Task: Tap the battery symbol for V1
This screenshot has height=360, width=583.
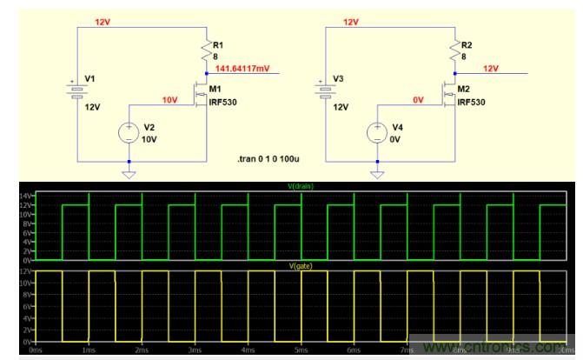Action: (76, 90)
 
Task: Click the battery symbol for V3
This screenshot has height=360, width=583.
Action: (325, 90)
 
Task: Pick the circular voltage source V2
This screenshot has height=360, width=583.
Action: (129, 132)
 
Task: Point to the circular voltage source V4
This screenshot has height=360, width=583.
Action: (376, 132)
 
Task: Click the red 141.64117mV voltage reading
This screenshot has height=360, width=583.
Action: (244, 66)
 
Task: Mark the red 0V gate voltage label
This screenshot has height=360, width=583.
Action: (418, 99)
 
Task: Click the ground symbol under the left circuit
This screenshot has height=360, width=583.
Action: (129, 174)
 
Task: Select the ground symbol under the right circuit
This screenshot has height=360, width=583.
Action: (376, 174)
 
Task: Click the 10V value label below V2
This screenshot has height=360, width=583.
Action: (149, 139)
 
